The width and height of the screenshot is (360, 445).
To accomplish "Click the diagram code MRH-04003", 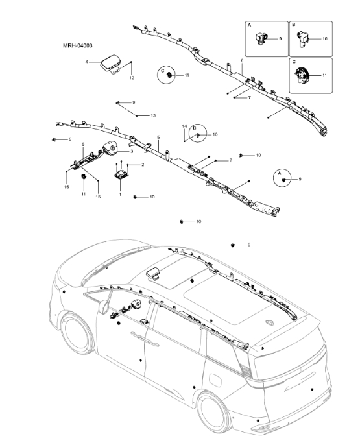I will (x=78, y=46).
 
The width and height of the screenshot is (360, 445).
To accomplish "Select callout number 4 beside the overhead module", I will (x=87, y=62).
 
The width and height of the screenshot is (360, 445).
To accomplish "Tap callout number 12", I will (x=132, y=78).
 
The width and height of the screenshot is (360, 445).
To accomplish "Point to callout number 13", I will (x=153, y=115).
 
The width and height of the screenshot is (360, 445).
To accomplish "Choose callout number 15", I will (x=99, y=197).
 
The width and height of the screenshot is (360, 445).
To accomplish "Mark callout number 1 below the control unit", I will (x=119, y=194).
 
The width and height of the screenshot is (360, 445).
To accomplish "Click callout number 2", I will (x=142, y=165).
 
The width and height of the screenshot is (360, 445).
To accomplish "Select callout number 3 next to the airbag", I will (x=132, y=151).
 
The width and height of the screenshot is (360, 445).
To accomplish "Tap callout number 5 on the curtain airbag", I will (x=158, y=138).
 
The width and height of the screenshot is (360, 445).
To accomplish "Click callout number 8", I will (x=82, y=144).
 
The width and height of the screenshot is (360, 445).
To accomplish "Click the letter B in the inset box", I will (x=293, y=24).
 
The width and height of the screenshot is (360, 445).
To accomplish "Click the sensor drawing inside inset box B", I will (x=306, y=40).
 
